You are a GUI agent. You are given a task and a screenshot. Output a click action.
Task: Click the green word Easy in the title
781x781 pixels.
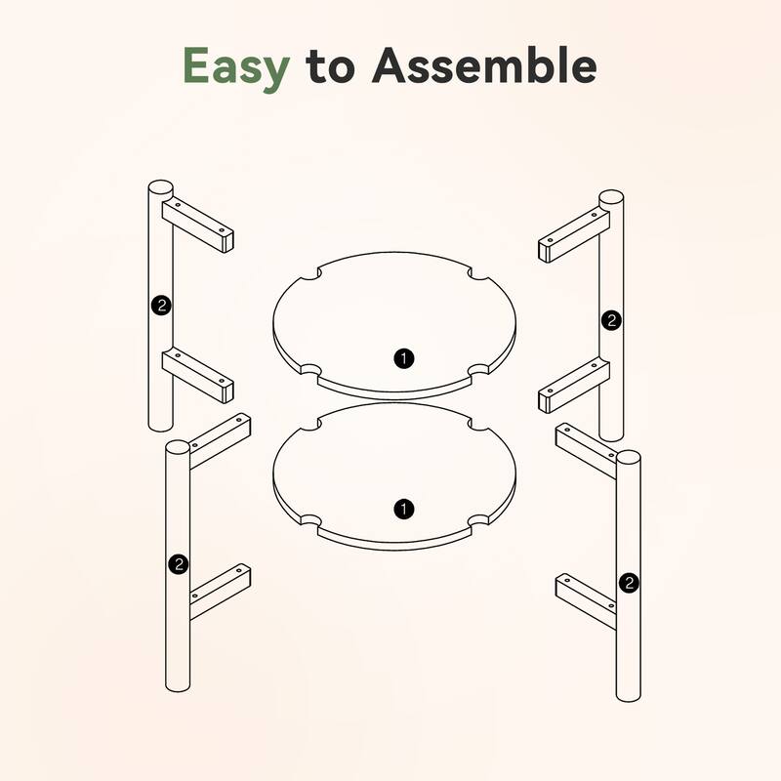click(236, 67)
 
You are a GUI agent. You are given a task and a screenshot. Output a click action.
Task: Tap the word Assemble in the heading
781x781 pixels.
click(484, 64)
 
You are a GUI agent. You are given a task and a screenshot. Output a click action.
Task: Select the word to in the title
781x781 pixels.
click(330, 66)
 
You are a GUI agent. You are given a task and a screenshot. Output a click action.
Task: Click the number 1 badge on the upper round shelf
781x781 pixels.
click(404, 358)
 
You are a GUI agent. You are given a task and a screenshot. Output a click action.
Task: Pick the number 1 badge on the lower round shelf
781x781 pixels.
click(404, 509)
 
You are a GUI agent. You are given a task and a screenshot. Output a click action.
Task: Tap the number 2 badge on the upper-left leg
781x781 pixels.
click(161, 305)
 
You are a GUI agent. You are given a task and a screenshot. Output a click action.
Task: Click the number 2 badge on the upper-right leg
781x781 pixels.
click(612, 320)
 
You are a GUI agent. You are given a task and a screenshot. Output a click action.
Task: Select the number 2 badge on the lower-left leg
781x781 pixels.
click(179, 564)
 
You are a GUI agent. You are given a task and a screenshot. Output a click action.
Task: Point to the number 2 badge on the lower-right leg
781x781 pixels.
click(629, 582)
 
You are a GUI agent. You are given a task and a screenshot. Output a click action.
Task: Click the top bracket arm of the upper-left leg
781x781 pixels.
click(198, 226)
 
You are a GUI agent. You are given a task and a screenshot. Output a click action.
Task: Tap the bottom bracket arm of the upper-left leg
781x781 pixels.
click(198, 375)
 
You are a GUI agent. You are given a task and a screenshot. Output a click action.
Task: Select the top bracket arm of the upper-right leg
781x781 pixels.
click(574, 235)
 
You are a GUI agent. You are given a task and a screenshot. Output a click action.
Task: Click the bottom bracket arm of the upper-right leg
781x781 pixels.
click(574, 386)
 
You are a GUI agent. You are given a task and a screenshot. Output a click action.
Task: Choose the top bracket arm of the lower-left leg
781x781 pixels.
click(220, 441)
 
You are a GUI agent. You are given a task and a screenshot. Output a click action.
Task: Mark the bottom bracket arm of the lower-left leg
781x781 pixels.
click(220, 592)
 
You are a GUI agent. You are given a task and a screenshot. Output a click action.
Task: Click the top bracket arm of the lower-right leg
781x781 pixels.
click(587, 451)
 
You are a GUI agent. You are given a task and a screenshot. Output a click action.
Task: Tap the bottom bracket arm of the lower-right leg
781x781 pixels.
click(587, 601)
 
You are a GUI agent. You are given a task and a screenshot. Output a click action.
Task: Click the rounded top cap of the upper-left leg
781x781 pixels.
click(160, 188)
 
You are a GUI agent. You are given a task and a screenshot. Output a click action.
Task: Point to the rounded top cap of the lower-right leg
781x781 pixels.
click(629, 458)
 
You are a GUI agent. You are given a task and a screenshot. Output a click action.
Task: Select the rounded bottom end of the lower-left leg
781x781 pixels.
click(178, 685)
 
